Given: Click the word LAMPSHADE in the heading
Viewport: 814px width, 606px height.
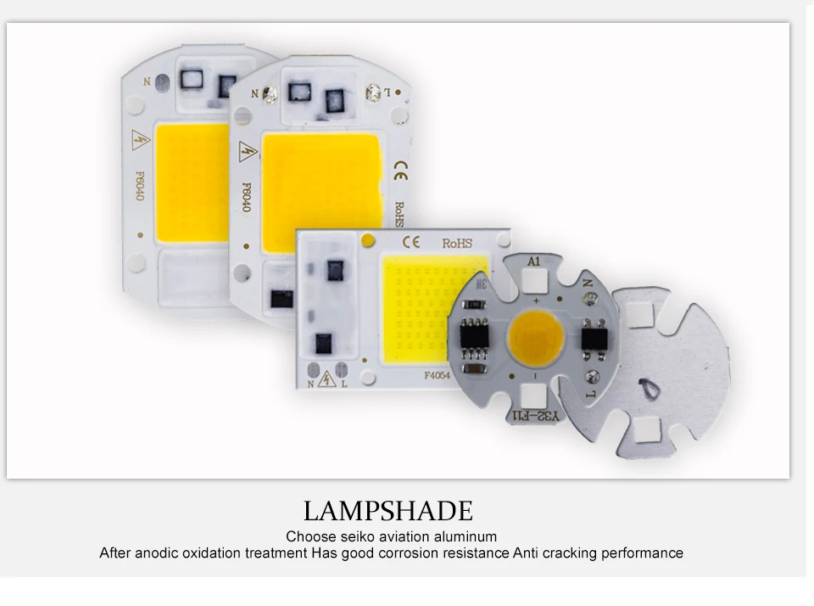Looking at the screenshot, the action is pyautogui.click(x=387, y=511).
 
